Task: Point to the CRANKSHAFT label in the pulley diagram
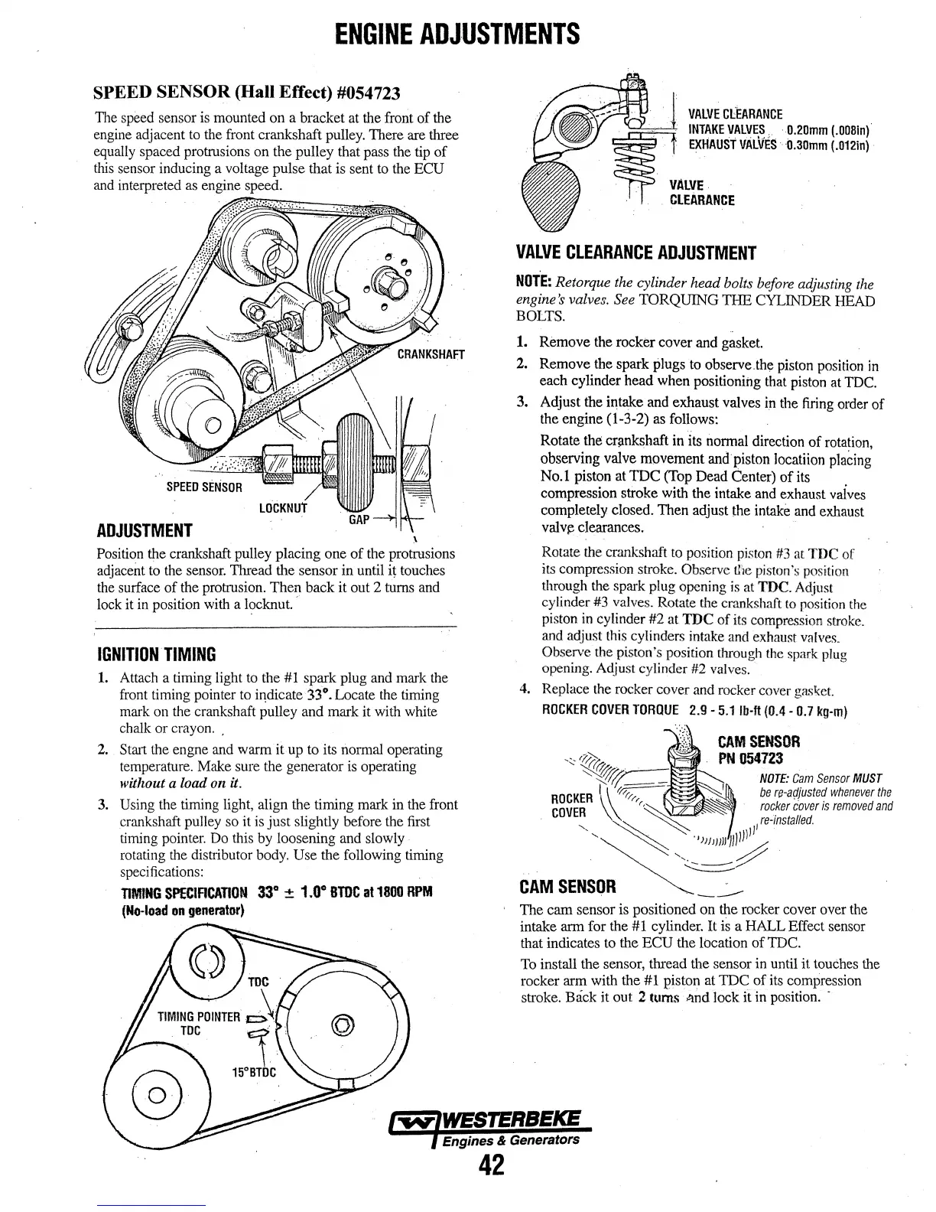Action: pyautogui.click(x=431, y=354)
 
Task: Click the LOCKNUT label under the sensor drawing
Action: pyautogui.click(x=283, y=508)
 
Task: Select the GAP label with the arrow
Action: pyautogui.click(x=359, y=520)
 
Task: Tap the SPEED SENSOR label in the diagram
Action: pyautogui.click(x=204, y=487)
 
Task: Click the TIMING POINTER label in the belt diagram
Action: pyautogui.click(x=200, y=1017)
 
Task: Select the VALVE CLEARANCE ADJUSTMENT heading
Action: pyautogui.click(x=636, y=253)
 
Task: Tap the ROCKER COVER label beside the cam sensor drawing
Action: pyautogui.click(x=568, y=805)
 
